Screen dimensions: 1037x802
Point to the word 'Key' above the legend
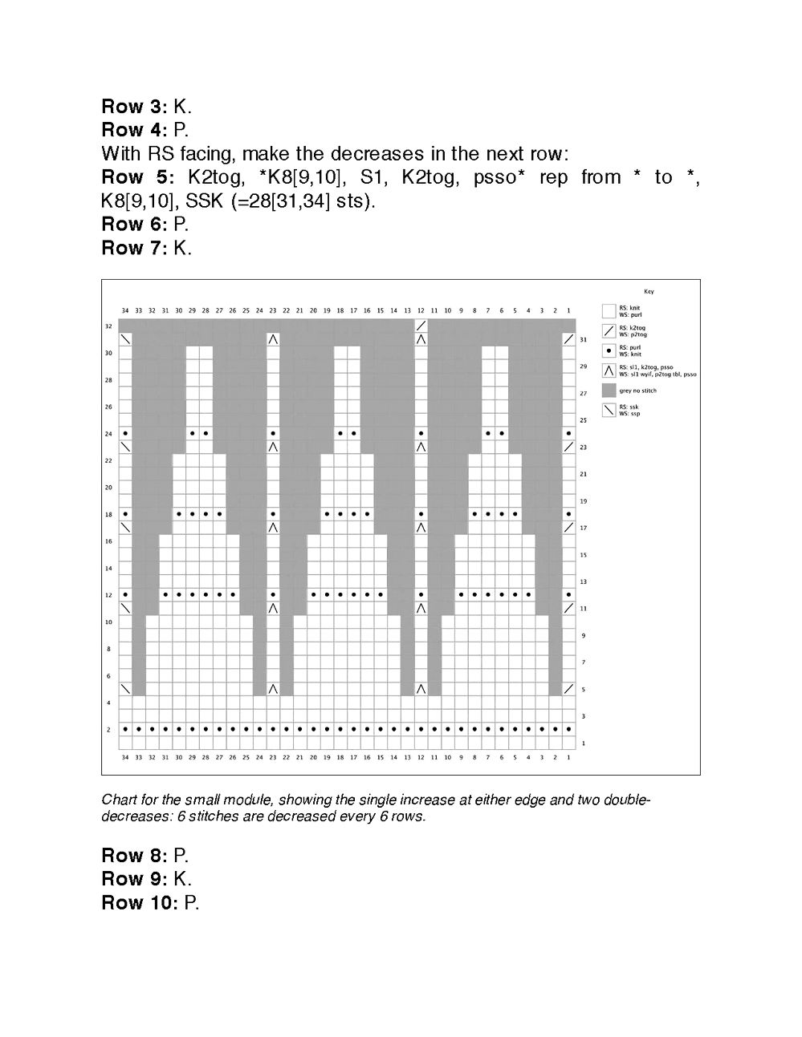[649, 291]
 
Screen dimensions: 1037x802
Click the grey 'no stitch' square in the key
[609, 390]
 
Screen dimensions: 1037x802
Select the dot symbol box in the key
[609, 350]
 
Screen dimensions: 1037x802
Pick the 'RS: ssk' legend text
[629, 407]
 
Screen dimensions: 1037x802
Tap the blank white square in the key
[609, 311]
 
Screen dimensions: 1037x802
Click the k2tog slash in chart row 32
[421, 326]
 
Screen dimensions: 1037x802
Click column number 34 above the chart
[125, 310]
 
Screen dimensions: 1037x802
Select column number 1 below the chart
[568, 756]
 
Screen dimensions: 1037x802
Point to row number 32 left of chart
[108, 326]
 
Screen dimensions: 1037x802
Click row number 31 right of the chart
[584, 340]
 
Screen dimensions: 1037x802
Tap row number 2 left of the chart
[109, 730]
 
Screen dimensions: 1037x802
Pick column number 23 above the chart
[273, 310]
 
